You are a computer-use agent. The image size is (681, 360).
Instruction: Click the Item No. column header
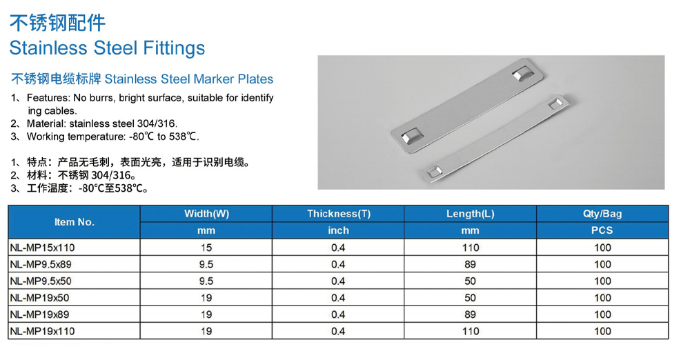[75, 222]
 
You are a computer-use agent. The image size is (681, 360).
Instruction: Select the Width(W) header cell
[206, 214]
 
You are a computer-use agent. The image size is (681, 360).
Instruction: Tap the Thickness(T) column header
[338, 214]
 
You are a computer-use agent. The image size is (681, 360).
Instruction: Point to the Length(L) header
[471, 214]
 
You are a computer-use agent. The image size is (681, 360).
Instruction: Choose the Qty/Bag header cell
[602, 214]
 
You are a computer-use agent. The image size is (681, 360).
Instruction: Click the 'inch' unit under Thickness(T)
[338, 230]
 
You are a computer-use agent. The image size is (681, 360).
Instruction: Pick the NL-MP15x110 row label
[42, 248]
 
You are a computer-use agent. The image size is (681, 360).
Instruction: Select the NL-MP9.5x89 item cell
[41, 264]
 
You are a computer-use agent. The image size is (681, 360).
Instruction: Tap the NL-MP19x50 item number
[39, 298]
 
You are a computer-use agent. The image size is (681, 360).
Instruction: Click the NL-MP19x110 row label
[42, 331]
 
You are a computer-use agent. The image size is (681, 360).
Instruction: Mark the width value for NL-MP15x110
[206, 248]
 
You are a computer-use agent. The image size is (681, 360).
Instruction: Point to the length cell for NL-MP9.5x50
[471, 281]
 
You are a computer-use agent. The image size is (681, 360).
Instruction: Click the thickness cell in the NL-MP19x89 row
[338, 314]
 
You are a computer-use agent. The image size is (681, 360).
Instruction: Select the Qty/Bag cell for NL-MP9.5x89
[602, 264]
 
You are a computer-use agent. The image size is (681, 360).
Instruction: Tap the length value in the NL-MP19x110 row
[471, 331]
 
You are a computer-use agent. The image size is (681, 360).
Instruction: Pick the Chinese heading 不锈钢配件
[57, 23]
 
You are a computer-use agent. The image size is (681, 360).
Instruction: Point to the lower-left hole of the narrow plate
[434, 172]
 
